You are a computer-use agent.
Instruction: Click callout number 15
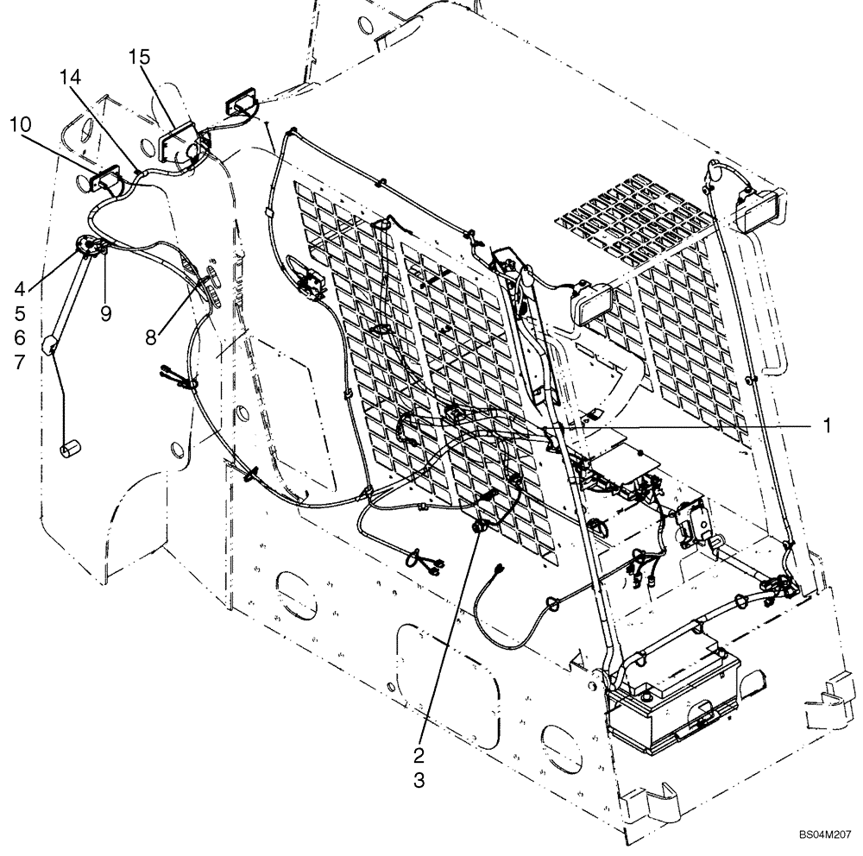[x=139, y=58]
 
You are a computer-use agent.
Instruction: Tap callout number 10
[x=21, y=125]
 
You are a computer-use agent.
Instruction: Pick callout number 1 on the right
[x=826, y=425]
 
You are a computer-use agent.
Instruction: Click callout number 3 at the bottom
[x=419, y=781]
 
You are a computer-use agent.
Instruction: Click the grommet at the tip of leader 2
[x=477, y=527]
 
